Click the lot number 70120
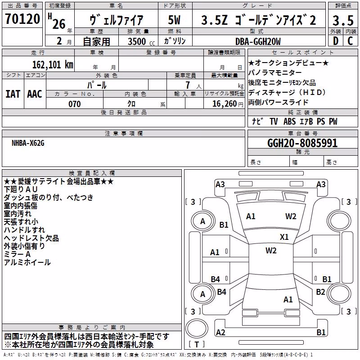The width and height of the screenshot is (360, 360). click(x=22, y=19)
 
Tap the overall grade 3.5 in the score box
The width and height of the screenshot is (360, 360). click(x=343, y=20)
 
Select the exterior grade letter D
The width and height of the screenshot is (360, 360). click(x=336, y=41)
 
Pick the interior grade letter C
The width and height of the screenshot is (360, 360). click(x=350, y=41)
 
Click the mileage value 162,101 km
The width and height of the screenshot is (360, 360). click(x=53, y=65)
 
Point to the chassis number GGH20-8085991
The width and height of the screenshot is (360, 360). click(x=302, y=143)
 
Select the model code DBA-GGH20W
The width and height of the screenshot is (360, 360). click(x=258, y=41)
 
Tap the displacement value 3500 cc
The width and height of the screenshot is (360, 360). click(x=141, y=41)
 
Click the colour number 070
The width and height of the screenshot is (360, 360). click(x=75, y=104)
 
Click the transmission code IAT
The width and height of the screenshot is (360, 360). click(x=13, y=94)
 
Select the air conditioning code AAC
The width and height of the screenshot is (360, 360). click(x=35, y=94)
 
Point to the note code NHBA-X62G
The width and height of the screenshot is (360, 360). click(x=28, y=143)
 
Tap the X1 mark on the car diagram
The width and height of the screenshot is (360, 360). click(x=284, y=237)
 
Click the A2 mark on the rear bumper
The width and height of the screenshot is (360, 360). click(x=220, y=332)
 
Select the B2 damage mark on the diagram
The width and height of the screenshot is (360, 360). click(x=320, y=292)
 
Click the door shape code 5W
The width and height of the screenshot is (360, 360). click(x=174, y=20)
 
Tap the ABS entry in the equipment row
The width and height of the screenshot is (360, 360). click(x=289, y=121)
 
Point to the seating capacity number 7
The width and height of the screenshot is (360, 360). click(x=188, y=85)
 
